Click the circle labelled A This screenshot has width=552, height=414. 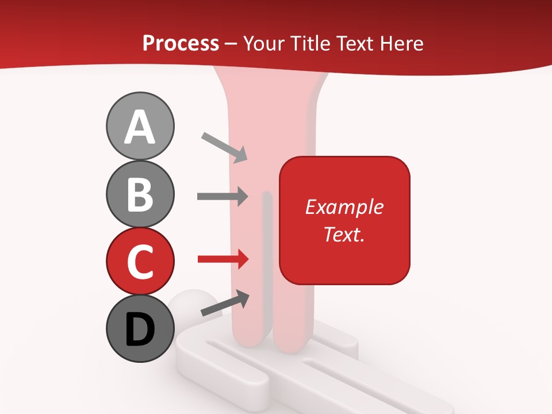coord(140,126)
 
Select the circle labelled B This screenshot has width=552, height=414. coord(140,194)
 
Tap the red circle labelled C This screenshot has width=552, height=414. coord(140,261)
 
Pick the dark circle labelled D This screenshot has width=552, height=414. coord(140,328)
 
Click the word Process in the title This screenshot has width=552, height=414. coord(181,43)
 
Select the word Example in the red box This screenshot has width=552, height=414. coord(344,207)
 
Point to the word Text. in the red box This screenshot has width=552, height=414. coord(344,234)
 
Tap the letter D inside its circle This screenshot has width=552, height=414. coord(140,330)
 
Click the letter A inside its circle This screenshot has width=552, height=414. coord(140,127)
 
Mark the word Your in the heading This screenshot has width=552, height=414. coord(263,43)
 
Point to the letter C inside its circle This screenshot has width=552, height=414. coord(140,262)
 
